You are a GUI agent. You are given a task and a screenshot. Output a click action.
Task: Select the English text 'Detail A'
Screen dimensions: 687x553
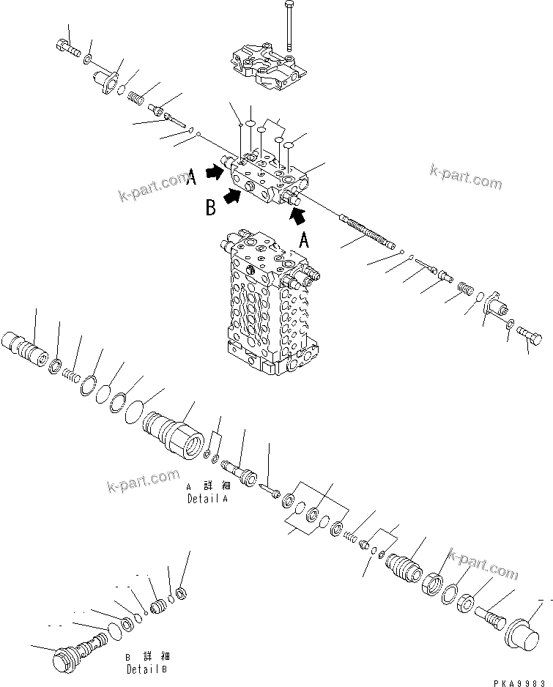tap(207, 498)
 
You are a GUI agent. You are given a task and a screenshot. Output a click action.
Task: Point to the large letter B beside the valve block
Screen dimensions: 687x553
tap(210, 209)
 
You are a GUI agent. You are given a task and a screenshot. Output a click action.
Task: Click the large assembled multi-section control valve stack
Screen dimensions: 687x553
tap(267, 300)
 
